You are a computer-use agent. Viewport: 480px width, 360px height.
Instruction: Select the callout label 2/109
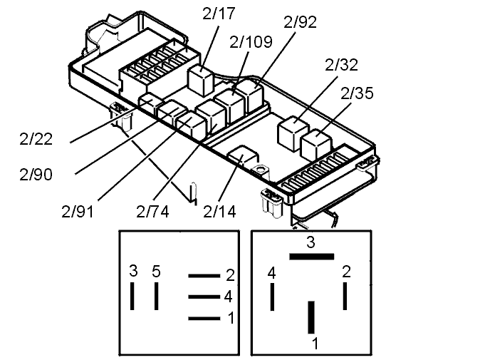251,42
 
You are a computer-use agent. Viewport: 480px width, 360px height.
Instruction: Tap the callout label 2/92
300,21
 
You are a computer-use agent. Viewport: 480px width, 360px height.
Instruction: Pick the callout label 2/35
357,93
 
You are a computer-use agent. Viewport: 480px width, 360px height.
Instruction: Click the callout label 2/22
36,138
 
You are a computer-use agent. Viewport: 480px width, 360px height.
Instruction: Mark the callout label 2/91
79,212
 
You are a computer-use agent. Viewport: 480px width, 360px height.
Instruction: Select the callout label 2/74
152,212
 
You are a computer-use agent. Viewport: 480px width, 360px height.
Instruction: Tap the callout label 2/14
220,212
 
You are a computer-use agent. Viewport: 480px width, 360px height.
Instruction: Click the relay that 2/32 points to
291,131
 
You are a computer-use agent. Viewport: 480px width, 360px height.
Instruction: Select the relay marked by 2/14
242,158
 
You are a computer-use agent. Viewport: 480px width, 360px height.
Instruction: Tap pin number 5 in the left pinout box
157,272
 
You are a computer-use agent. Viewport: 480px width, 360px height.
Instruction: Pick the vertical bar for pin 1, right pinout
311,317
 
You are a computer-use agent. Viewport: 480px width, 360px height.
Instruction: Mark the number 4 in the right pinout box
271,272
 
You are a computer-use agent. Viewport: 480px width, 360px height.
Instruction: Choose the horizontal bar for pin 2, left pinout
204,275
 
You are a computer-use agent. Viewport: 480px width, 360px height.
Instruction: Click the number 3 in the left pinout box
133,272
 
